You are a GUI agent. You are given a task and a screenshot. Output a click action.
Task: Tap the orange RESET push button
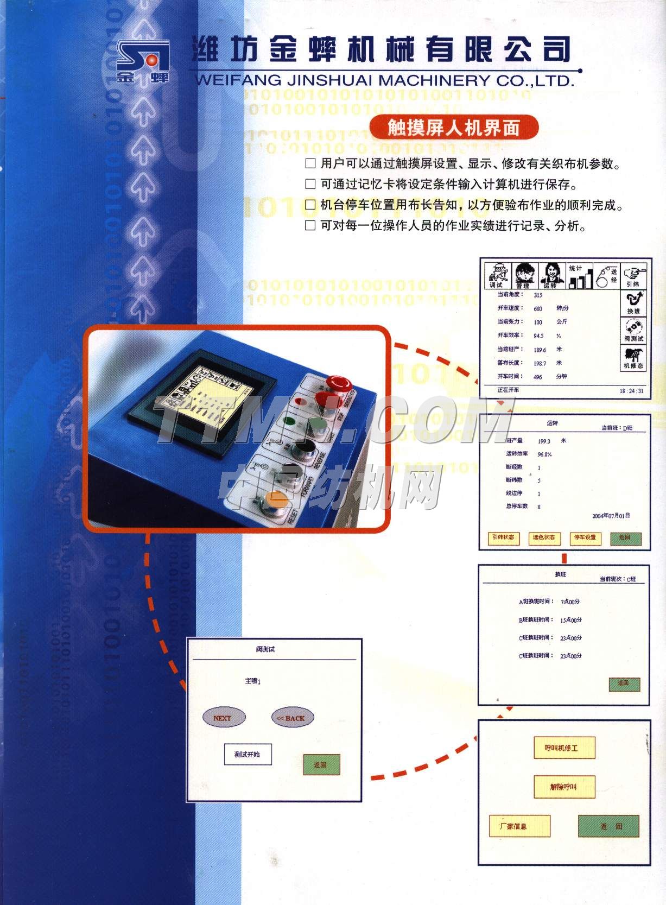coord(274,499)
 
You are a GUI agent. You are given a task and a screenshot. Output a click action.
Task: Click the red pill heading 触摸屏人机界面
coord(453,128)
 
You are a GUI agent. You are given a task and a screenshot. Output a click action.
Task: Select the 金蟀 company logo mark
coord(143,62)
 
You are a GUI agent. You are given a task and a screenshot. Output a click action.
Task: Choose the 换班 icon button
coord(633,303)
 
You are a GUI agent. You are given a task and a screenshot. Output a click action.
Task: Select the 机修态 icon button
coord(633,358)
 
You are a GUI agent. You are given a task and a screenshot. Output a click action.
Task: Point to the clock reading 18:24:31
coord(632,391)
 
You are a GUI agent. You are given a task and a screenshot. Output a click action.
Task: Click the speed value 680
coord(538,308)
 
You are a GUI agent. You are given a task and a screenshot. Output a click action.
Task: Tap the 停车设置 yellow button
coord(585,537)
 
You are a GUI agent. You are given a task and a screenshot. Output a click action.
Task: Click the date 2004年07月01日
coord(611,516)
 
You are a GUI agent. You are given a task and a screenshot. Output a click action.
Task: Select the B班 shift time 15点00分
coord(570,620)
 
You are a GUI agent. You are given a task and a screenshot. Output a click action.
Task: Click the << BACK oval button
coord(292,718)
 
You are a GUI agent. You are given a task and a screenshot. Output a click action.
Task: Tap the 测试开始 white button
coord(248,754)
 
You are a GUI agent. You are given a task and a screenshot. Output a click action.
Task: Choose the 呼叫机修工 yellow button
coord(564,748)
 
